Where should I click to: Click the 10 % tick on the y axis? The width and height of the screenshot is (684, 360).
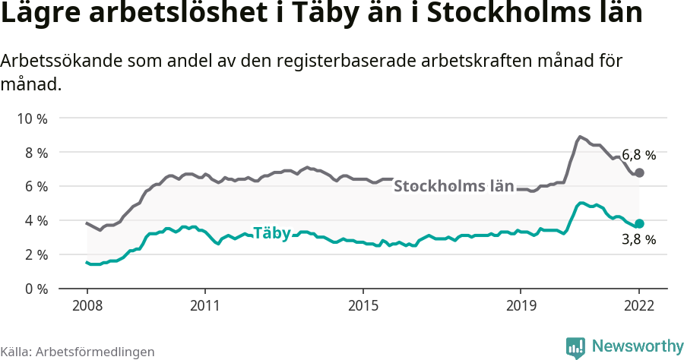(31, 118)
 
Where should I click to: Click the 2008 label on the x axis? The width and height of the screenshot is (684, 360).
(87, 307)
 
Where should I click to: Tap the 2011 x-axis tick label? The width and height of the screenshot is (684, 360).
(205, 307)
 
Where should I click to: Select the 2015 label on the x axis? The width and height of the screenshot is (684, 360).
(363, 307)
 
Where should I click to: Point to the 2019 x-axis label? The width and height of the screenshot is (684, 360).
(521, 307)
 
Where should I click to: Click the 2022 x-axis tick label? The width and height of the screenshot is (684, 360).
(639, 307)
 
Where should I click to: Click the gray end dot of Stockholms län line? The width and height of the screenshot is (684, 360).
(639, 173)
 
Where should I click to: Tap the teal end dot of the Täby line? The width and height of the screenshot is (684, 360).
(639, 224)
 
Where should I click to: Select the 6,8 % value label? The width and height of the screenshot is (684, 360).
(638, 155)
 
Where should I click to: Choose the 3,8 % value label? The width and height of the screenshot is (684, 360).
(638, 240)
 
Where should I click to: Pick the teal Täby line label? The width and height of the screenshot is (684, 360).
(271, 233)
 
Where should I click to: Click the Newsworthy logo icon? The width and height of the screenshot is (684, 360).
(575, 347)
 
